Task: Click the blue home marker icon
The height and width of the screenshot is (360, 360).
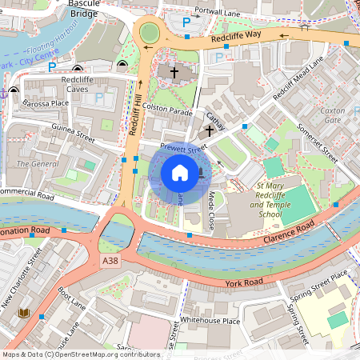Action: click(180, 173)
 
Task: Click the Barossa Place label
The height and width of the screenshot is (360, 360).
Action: click(46, 102)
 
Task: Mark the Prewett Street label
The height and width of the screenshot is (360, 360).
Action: click(183, 146)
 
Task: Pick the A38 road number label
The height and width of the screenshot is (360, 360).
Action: click(110, 261)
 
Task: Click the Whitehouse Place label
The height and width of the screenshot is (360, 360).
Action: click(210, 321)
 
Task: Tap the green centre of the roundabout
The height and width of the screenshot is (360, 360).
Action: click(150, 33)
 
